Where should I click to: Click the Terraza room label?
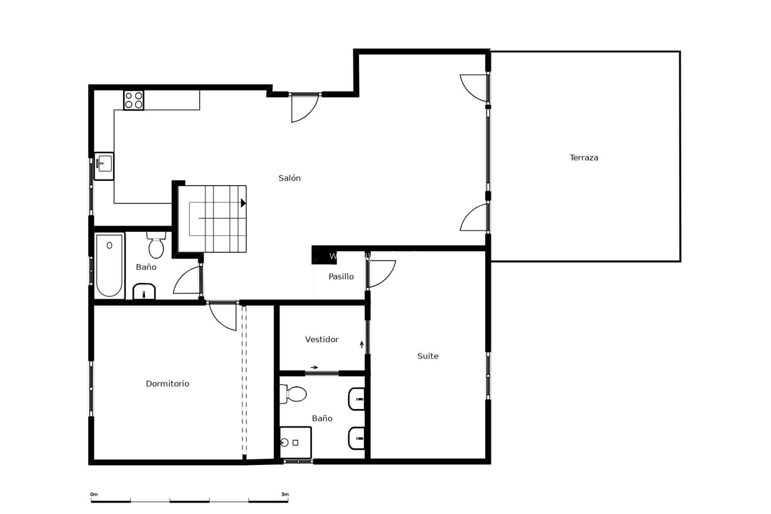pos(584,158)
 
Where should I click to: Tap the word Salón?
pos(290,178)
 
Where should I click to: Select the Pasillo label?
pos(341,277)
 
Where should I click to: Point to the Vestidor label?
pos(322,340)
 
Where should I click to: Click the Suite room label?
pos(428,356)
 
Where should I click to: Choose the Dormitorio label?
pos(167,384)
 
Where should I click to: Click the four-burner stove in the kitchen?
pos(134,100)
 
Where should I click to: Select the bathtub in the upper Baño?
pos(109,265)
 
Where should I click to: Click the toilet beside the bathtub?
pos(156,245)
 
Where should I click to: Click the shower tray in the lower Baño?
pos(296,443)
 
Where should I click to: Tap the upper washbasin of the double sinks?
pos(357,399)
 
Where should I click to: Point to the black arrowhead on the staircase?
pos(243,203)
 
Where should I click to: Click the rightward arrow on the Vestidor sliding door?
pos(314,367)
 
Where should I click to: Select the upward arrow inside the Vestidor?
pos(362,345)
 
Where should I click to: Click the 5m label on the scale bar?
pos(285,494)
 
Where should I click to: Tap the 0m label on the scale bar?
pos(94,494)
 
